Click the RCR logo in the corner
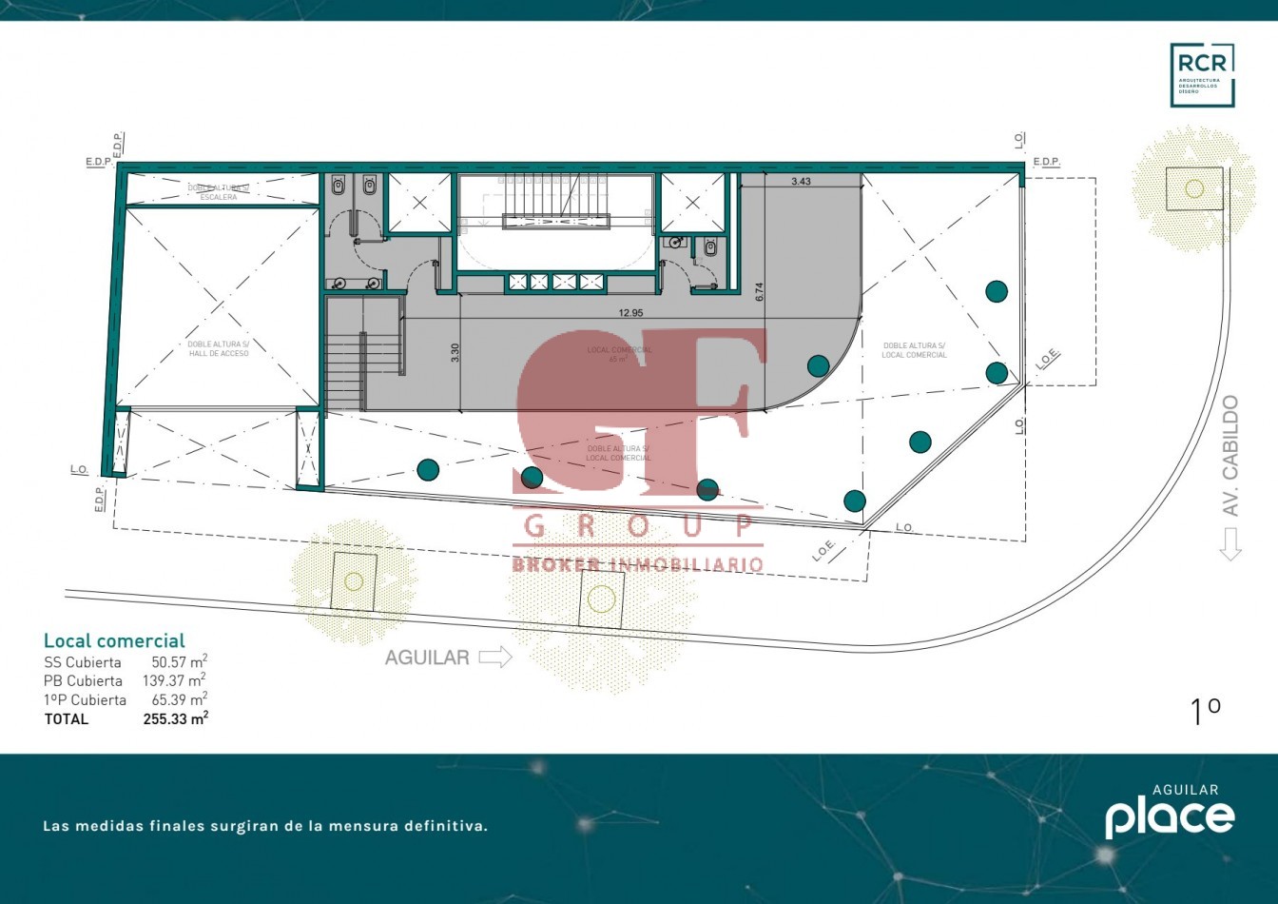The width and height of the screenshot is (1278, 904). tap(1202, 74)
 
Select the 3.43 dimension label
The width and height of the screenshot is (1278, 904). tap(801, 181)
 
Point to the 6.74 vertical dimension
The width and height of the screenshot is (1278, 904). tap(759, 292)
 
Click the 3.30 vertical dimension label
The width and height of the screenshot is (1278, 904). tap(455, 352)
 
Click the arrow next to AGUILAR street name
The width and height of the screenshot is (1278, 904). tap(495, 657)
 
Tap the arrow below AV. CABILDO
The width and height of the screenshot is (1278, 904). tap(1230, 543)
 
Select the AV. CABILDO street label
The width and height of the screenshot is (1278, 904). tap(1230, 456)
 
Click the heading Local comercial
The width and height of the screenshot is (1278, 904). tap(114, 640)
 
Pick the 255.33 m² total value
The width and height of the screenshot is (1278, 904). tap(175, 719)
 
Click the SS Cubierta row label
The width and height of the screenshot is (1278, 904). tap(83, 662)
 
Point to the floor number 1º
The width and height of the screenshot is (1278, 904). tap(1205, 711)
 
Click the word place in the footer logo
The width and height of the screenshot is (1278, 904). tap(1169, 817)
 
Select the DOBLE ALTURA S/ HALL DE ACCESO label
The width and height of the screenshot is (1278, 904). tap(219, 349)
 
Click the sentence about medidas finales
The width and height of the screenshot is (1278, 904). tap(265, 826)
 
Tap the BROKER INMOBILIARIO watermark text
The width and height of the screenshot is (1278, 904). tap(637, 564)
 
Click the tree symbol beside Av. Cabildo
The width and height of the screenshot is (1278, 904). tap(1193, 187)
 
